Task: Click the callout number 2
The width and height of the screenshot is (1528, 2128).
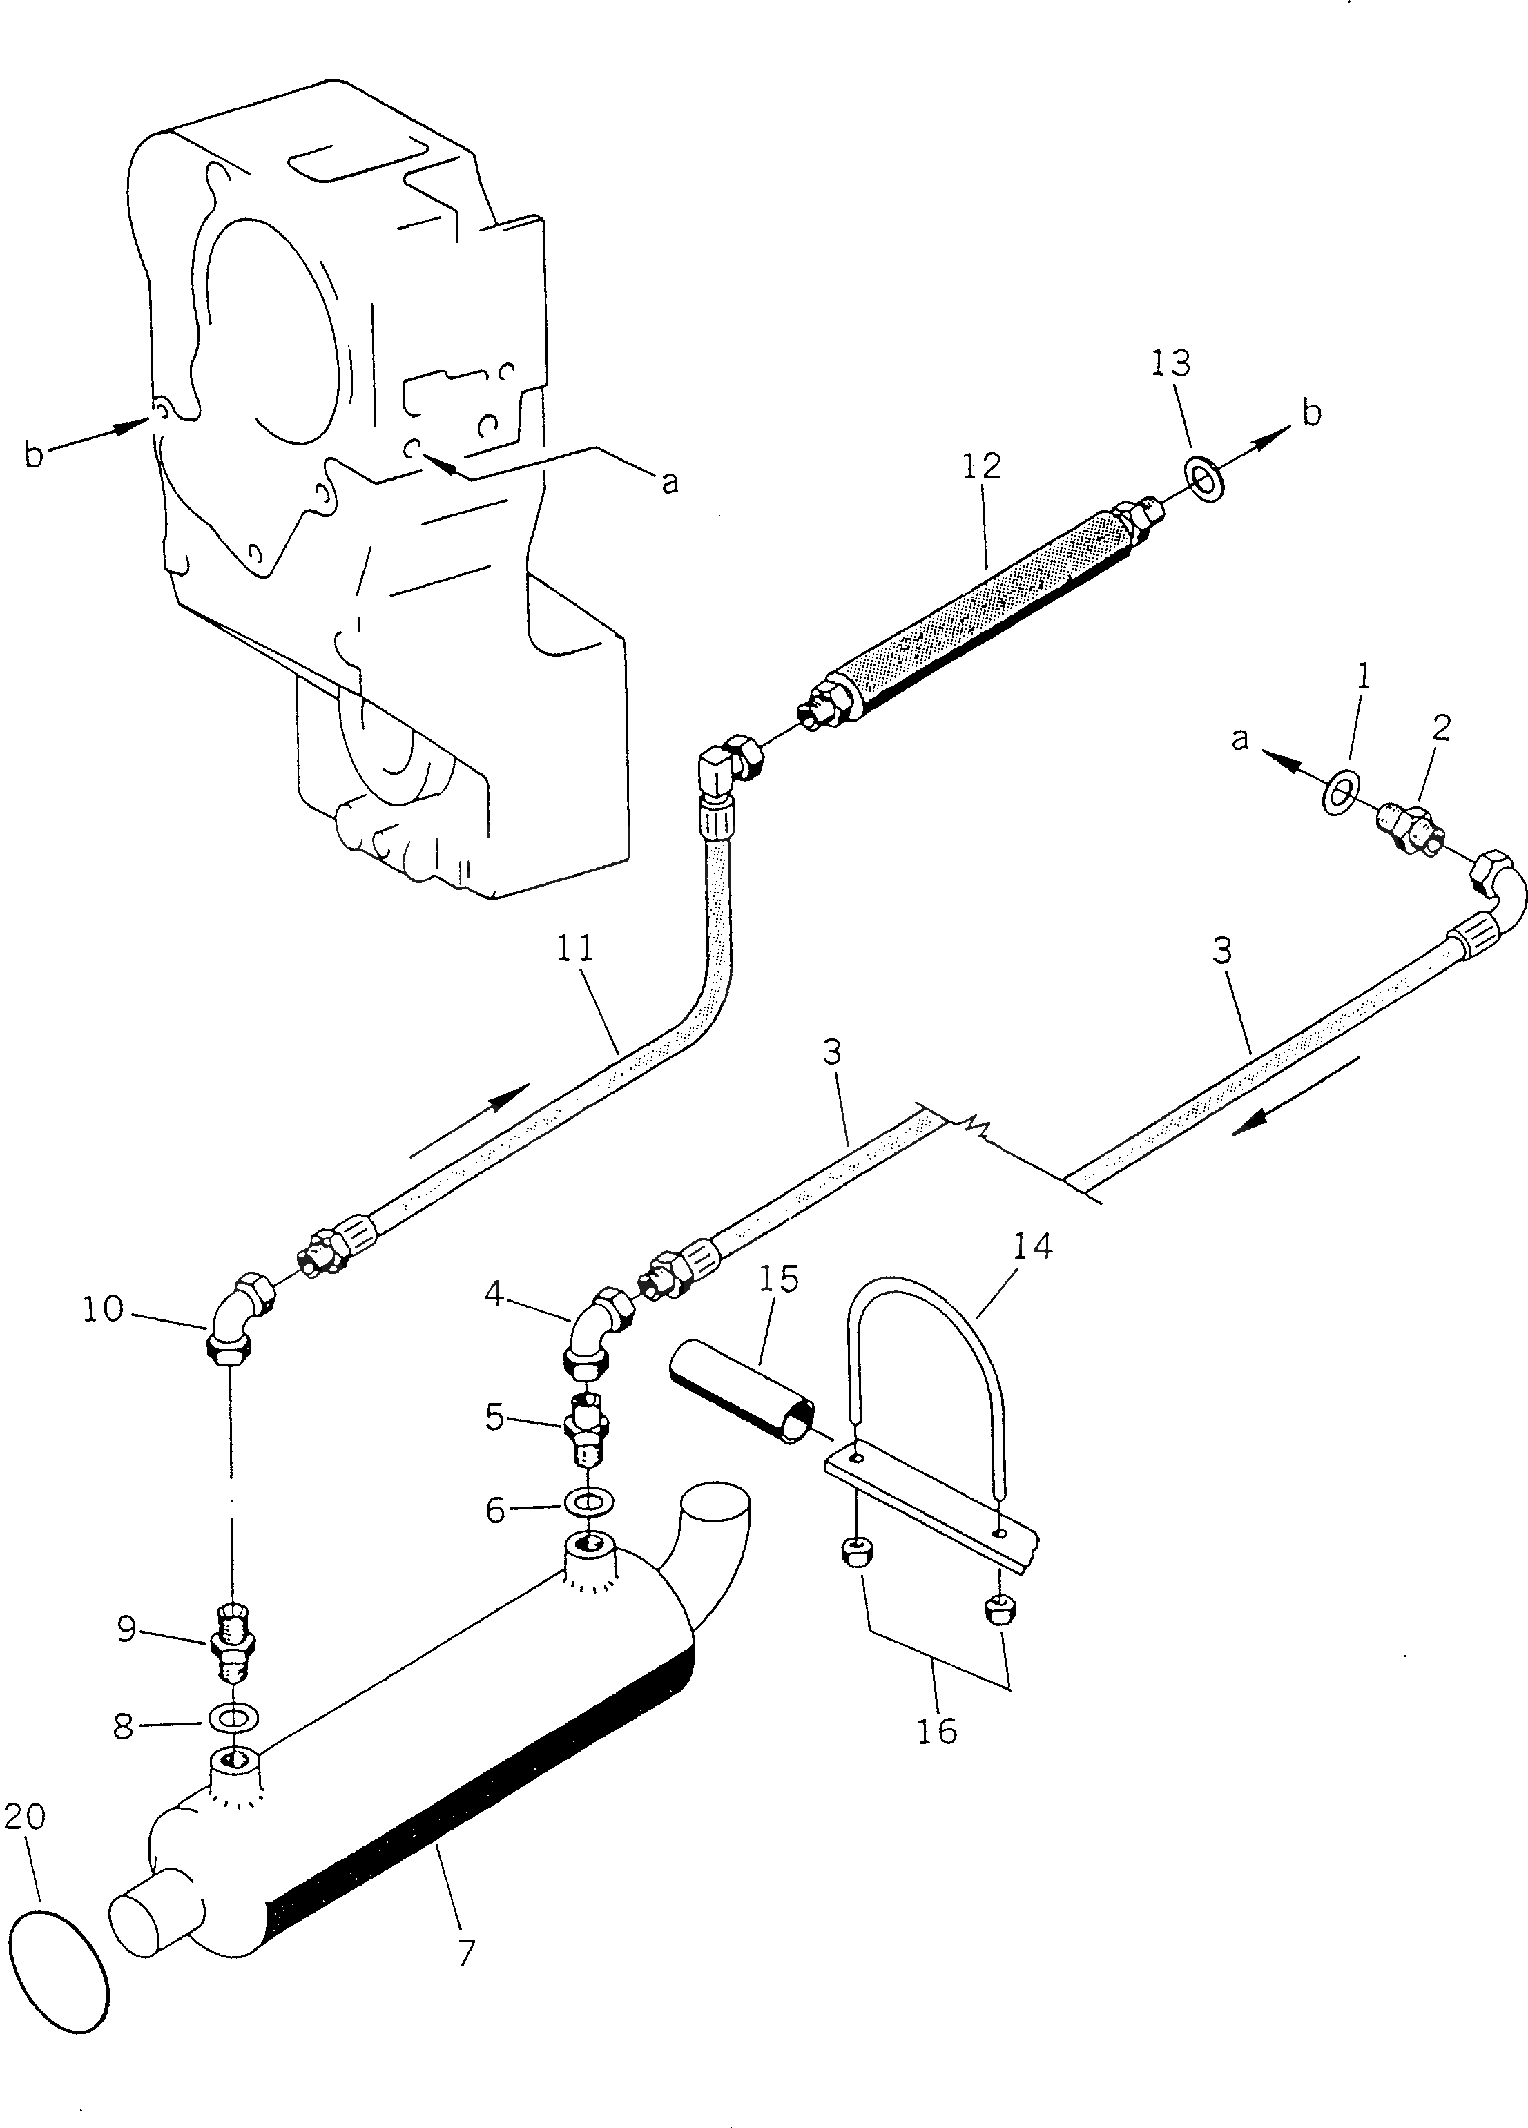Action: [1441, 728]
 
